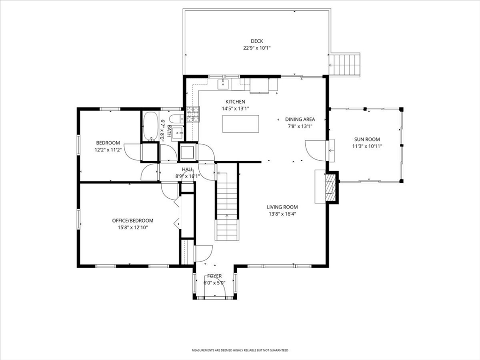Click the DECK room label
coord(257,41)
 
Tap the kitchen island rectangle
coord(240,124)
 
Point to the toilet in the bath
coord(176,119)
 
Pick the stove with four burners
coord(193,114)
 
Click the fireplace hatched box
coord(330,187)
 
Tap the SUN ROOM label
coord(367,139)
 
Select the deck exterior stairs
coord(344,65)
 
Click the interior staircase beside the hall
coord(227,202)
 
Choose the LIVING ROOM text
coord(282,207)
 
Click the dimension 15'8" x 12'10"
coord(133,227)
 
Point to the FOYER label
coord(214,276)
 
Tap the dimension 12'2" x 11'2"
coord(108,150)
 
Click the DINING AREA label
coord(300,119)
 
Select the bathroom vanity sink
coord(178,133)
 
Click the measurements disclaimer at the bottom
coord(240,350)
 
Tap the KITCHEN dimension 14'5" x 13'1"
coord(235,108)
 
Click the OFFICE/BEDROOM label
coord(133,220)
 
